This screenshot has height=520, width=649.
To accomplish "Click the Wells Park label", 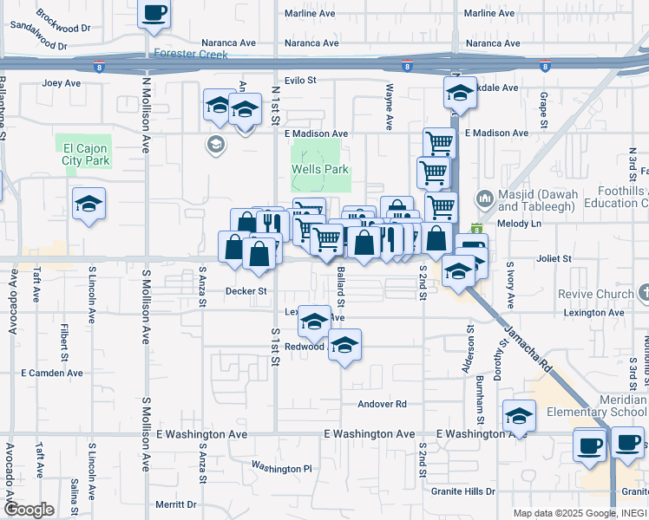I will click(x=321, y=169).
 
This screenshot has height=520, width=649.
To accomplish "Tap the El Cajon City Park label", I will click(x=86, y=154).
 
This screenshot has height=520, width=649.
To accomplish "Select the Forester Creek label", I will click(x=191, y=54).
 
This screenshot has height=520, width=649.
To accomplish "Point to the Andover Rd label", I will click(x=383, y=404).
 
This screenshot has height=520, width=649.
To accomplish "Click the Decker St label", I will click(x=246, y=291).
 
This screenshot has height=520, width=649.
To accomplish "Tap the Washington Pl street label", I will click(x=281, y=468).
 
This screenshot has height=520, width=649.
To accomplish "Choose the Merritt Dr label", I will click(x=175, y=504).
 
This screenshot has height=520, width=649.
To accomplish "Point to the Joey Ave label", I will click(x=61, y=84).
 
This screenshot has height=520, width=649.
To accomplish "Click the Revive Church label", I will click(x=595, y=294).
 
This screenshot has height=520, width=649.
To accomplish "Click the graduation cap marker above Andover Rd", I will click(x=344, y=347).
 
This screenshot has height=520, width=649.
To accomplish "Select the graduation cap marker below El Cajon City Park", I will click(x=88, y=205).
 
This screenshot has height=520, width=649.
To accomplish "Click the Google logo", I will click(x=28, y=510).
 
